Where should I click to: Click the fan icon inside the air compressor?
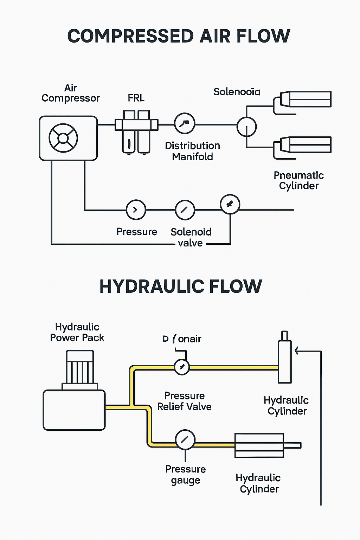(63, 138)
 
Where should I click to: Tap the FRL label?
(136, 98)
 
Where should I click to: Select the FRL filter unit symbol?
(136, 131)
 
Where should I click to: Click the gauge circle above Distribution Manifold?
(185, 123)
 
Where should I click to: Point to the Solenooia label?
(237, 92)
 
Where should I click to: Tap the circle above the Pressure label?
(136, 210)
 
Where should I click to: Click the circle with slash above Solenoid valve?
(185, 210)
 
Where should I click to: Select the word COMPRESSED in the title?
(130, 36)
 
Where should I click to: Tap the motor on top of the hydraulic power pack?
(80, 367)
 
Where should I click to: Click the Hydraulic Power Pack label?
(77, 332)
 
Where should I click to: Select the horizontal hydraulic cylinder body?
(259, 445)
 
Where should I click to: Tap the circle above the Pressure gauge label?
(185, 439)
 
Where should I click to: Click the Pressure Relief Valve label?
(184, 401)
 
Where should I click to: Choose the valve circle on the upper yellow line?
(182, 367)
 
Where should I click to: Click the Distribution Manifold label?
(192, 151)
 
